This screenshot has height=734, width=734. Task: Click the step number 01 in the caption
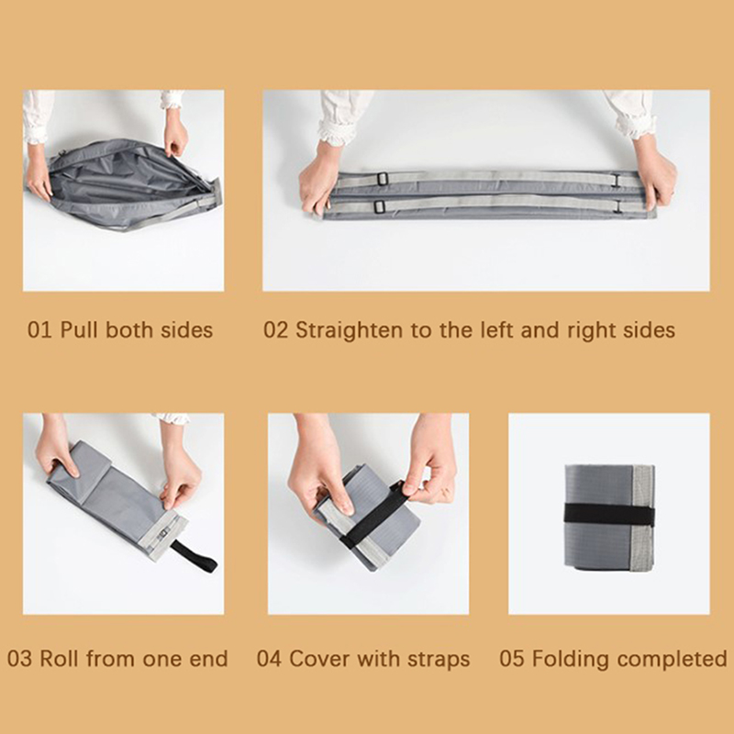click(40, 330)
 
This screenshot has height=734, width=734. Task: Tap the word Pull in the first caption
click(79, 330)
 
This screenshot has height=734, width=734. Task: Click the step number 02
click(276, 330)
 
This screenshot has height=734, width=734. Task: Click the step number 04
click(270, 659)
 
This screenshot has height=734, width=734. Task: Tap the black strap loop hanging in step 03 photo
click(195, 555)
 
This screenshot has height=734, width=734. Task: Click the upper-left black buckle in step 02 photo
click(382, 178)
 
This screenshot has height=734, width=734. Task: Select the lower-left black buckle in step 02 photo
click(379, 206)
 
